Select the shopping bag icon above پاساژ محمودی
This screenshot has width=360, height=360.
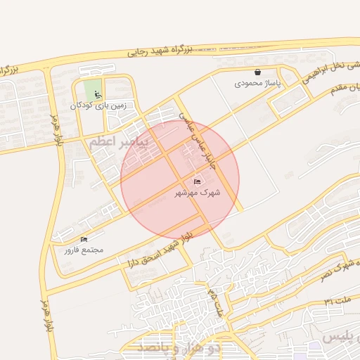tap(257, 72)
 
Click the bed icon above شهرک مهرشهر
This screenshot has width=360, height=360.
tap(197, 181)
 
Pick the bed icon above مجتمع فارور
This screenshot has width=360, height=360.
tap(84, 239)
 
